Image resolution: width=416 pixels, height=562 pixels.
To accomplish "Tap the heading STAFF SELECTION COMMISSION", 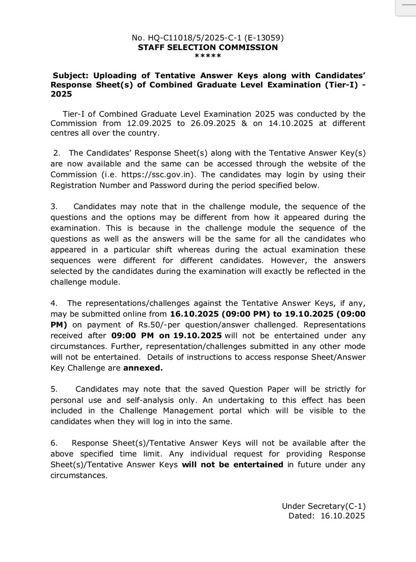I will click(x=208, y=47).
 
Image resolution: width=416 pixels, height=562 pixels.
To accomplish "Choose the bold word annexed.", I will click(x=143, y=369).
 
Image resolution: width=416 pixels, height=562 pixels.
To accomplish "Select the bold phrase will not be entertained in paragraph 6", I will click(x=233, y=465).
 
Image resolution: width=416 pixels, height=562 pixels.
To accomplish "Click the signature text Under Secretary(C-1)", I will click(x=324, y=506).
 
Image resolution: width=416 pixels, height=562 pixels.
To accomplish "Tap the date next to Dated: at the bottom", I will click(x=343, y=515).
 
